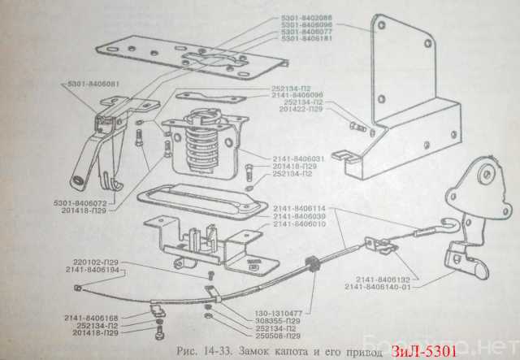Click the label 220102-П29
(93, 262)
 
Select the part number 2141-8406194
(93, 270)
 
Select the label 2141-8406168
(93, 318)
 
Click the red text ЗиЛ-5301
(422, 351)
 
